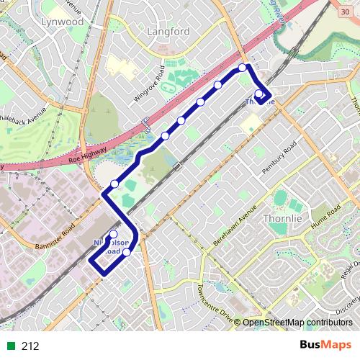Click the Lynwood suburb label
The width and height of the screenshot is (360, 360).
(63, 22)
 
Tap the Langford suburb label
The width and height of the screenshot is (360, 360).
(167, 32)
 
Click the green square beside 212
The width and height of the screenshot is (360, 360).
(10, 346)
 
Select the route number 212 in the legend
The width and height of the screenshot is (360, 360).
(30, 346)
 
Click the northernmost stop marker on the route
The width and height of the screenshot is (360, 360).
(243, 68)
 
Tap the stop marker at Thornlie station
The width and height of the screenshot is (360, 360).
(259, 93)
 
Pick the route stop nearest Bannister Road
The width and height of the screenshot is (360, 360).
(113, 235)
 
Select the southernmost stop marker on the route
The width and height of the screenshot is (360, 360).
(127, 252)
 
